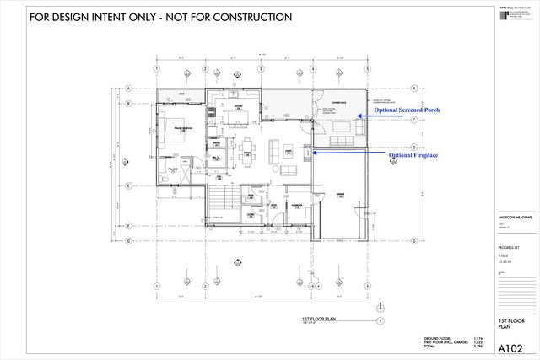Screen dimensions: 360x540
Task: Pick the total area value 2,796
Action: tap(478, 346)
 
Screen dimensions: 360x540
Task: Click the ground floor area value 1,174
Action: tap(478, 337)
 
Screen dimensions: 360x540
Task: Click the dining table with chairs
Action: tap(246, 148)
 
